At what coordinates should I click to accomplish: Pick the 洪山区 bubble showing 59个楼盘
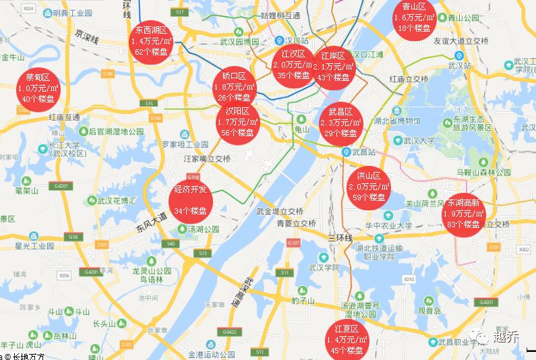point(368,186)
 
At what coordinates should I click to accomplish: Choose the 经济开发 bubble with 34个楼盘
point(190,200)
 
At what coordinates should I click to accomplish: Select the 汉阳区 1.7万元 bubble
point(237,122)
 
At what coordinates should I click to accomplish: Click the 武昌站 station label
point(363,152)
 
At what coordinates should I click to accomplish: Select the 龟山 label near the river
point(302,129)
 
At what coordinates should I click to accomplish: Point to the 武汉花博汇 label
point(117,201)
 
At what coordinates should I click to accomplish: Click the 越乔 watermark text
point(506,337)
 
